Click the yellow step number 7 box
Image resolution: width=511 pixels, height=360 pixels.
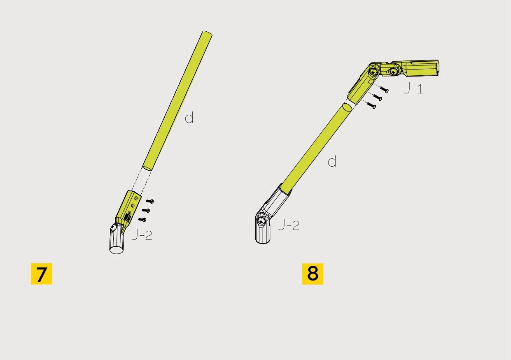[x=41, y=274]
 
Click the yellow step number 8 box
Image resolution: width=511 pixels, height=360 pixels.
[x=313, y=274]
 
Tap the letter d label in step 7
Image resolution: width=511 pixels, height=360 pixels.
[x=189, y=118]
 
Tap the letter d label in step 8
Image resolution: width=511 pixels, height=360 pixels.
[x=332, y=161]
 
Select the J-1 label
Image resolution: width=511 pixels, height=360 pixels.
[x=413, y=88]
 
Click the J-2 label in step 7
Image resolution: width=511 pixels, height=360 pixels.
[x=142, y=235]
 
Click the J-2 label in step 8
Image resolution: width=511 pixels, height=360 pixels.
[x=289, y=225]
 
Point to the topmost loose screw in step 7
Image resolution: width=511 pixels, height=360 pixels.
[x=150, y=201]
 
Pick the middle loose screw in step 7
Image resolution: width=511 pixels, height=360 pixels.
[x=146, y=210]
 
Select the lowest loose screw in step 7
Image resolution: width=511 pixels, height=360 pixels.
[x=142, y=220]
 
